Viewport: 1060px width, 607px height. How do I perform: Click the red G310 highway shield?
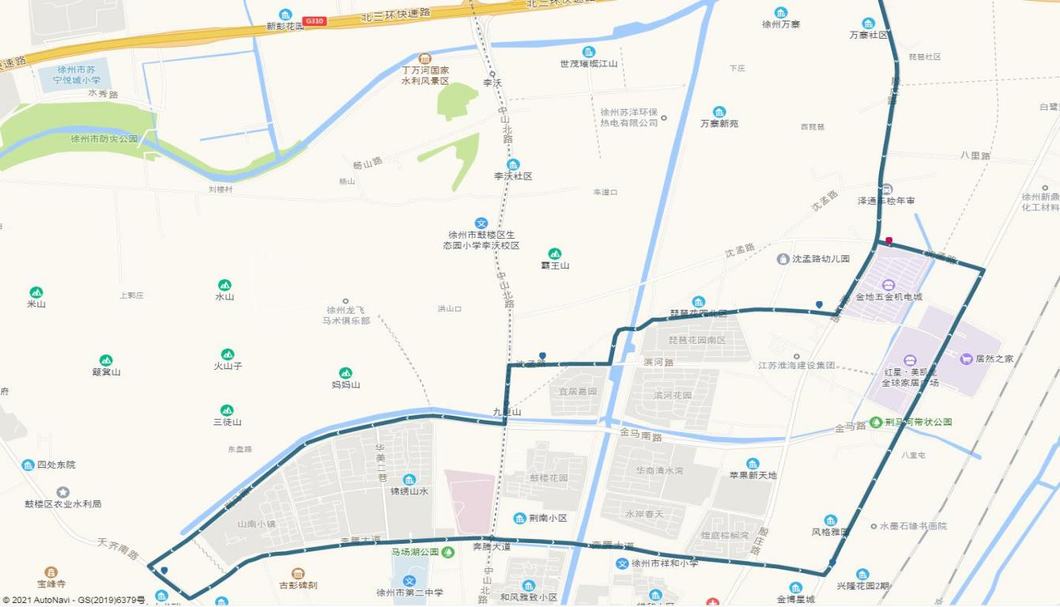pos(315,21)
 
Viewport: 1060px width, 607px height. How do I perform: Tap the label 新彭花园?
pos(285,26)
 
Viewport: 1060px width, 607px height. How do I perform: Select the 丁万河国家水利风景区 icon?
pos(425,58)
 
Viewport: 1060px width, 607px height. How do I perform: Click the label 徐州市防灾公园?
pos(104,139)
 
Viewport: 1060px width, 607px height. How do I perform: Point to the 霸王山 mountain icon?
pos(555,254)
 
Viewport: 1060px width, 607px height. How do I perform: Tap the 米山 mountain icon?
pos(36,292)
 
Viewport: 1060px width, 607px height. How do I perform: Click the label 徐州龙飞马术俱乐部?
pos(345,315)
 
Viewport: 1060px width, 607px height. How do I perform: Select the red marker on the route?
pos(889,241)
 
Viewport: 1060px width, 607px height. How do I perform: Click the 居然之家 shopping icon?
pos(966,359)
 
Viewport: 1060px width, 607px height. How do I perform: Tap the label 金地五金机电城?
pos(888,297)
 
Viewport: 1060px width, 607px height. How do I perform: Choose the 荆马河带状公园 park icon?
pos(876,422)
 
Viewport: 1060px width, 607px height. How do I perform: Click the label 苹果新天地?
pos(753,475)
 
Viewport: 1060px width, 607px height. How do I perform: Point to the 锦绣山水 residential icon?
pos(409,480)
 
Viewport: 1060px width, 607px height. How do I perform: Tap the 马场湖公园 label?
pos(415,552)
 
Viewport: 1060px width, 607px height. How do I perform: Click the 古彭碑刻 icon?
pos(298,574)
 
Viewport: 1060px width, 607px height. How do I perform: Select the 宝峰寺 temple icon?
pos(51,572)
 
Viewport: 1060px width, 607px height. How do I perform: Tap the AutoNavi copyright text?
pos(73,601)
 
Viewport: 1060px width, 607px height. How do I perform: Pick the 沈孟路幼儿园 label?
pos(820,258)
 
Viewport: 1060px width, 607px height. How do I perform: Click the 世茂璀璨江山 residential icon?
pos(589,52)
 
